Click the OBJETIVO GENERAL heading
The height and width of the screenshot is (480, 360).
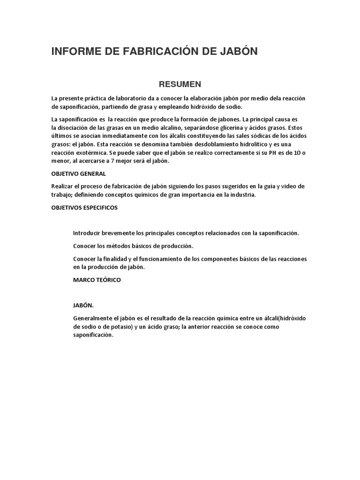coord(78,174)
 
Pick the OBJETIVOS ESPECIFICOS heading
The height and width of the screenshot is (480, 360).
coord(84,208)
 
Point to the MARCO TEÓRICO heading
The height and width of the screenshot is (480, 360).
coord(97,279)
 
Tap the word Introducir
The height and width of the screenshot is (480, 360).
coord(88,233)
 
